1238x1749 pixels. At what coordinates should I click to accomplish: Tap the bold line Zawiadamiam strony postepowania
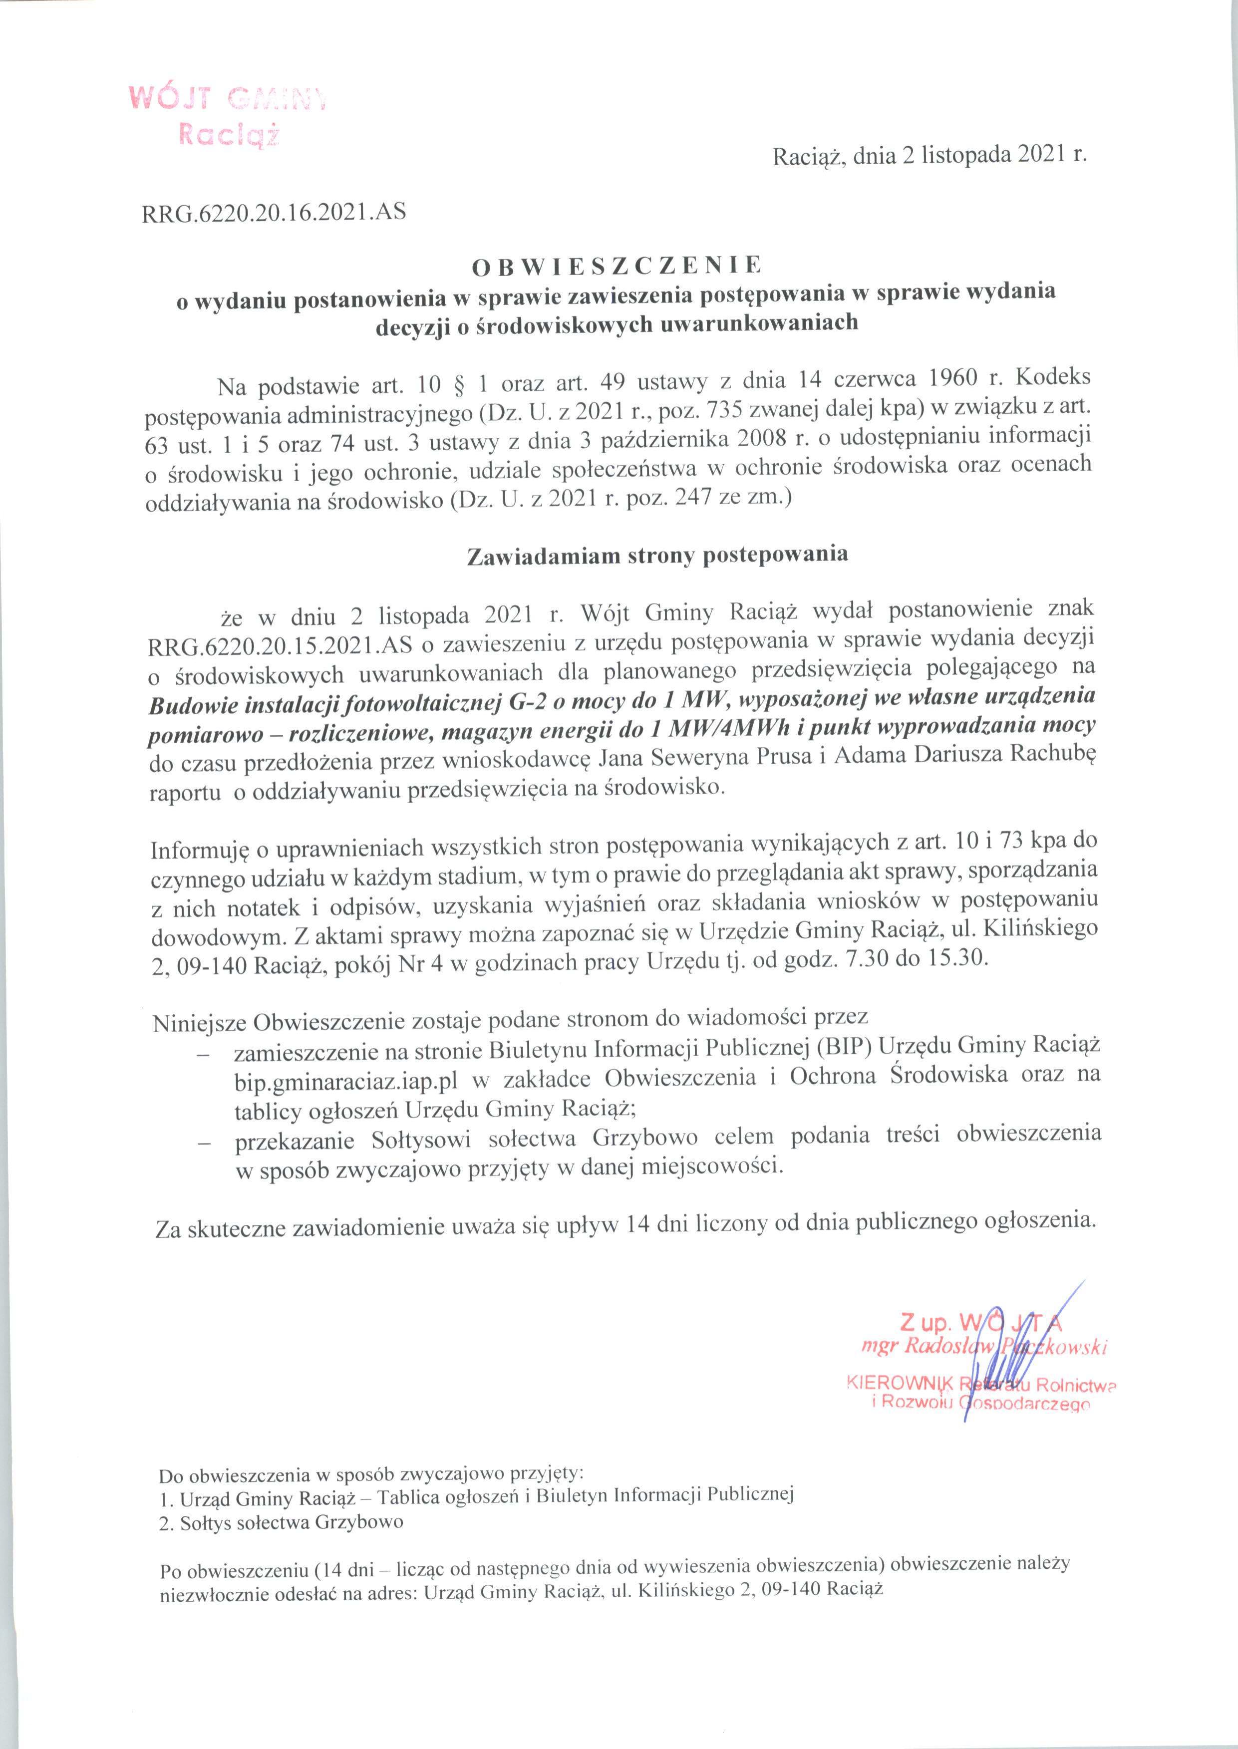[656, 555]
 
